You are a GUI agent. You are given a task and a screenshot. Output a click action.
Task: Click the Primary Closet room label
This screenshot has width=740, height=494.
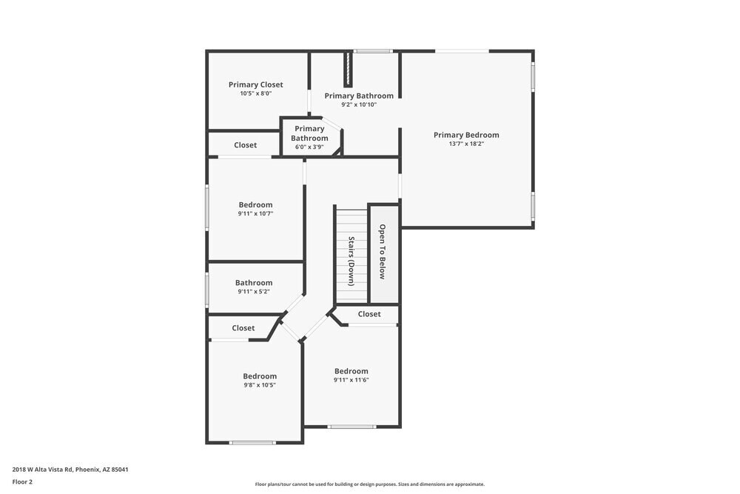click(x=255, y=84)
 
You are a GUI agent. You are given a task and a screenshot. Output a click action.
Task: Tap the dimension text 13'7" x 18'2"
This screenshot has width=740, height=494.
click(x=466, y=144)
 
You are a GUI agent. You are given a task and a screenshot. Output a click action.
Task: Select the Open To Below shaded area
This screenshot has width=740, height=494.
click(x=383, y=253)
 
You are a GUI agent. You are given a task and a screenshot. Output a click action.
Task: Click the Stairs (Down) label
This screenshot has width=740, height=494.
click(x=351, y=261)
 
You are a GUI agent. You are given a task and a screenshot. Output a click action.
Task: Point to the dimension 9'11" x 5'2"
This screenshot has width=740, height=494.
click(x=254, y=292)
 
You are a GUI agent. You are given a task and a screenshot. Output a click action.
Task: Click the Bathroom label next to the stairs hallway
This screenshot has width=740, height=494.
click(x=254, y=282)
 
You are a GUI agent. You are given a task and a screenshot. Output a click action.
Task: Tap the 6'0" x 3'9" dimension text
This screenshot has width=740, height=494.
click(x=309, y=147)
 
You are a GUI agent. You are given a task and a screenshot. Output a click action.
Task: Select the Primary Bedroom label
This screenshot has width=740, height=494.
click(x=466, y=135)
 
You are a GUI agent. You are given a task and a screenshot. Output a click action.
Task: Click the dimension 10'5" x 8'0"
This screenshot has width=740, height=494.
click(x=255, y=94)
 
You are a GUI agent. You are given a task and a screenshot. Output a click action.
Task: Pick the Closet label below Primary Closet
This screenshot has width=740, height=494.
click(x=246, y=145)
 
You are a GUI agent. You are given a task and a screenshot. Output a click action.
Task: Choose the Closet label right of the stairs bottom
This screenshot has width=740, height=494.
click(x=369, y=314)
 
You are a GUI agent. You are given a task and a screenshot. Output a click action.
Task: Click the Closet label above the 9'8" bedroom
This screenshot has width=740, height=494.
click(x=243, y=328)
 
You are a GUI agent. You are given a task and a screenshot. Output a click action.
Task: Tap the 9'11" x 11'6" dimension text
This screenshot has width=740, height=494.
click(x=351, y=381)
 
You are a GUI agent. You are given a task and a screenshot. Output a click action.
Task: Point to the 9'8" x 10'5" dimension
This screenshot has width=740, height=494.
click(x=260, y=385)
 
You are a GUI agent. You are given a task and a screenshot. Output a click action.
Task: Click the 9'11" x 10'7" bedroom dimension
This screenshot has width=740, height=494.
click(x=255, y=214)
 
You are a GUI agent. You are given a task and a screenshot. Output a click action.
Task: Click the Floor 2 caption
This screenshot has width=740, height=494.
click(x=22, y=481)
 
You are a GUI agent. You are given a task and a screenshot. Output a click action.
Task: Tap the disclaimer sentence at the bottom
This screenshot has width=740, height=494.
click(x=370, y=484)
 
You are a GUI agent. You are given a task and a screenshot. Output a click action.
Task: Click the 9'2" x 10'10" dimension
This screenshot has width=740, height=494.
click(x=359, y=105)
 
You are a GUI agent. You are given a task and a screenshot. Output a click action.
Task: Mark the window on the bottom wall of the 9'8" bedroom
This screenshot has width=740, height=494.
click(x=252, y=443)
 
